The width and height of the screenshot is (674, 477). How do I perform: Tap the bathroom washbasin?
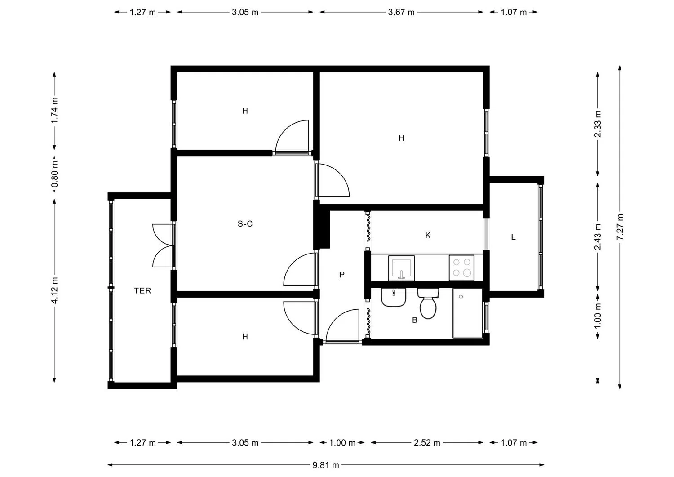394,297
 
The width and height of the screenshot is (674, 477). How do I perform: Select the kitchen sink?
401,268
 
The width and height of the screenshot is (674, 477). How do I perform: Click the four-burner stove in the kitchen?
461,268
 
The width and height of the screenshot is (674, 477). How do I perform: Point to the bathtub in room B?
467,313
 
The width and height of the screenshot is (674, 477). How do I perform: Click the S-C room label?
245,223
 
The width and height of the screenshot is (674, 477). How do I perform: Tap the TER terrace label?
142,291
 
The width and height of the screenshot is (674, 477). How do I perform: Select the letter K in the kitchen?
428,235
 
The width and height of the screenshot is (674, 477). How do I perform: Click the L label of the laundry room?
513,237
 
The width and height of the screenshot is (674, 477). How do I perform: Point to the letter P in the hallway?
342,274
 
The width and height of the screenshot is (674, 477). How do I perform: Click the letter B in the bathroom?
415,320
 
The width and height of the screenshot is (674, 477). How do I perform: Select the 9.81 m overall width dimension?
326,465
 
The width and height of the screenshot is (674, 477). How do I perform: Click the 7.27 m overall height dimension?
620,227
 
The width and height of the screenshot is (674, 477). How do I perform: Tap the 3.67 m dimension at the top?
401,12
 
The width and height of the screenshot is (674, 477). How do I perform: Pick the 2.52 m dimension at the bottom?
427,443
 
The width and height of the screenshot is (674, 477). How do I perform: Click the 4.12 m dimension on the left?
54,290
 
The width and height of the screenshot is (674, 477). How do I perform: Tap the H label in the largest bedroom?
401,138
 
